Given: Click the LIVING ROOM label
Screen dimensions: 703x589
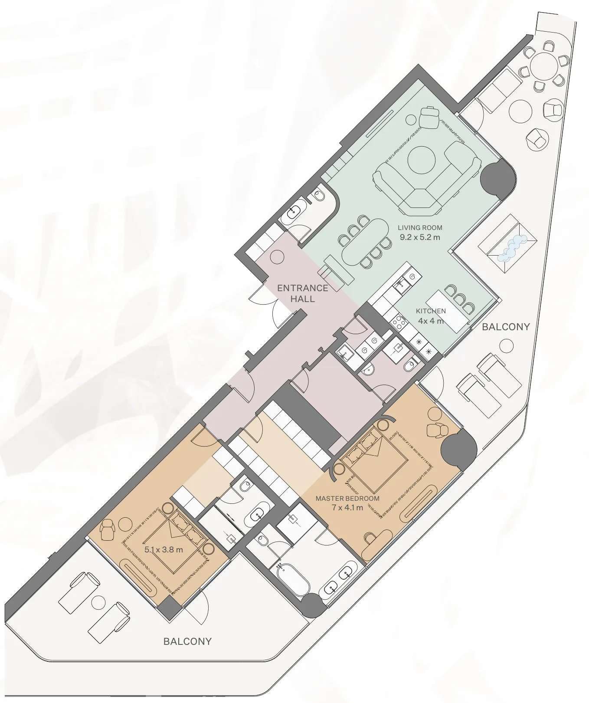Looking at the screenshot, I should click(420, 227).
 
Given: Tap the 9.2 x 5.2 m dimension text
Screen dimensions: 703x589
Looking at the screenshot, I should click(420, 237).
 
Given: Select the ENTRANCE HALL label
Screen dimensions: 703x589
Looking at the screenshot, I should click(302, 293).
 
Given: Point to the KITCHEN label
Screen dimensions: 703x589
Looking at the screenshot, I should click(431, 311).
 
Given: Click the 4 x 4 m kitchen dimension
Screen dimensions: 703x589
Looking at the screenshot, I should click(431, 321).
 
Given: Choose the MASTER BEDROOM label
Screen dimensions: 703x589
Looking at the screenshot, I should click(347, 499).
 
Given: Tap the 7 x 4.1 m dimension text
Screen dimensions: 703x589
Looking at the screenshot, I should click(347, 507).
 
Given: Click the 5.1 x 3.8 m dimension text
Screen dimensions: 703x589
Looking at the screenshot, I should click(164, 550).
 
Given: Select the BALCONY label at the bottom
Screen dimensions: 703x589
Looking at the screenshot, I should click(187, 641).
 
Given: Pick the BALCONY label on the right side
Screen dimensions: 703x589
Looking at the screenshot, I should click(506, 327).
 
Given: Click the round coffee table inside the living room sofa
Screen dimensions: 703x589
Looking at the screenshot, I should click(421, 159).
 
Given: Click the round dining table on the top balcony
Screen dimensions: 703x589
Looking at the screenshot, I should click(545, 66).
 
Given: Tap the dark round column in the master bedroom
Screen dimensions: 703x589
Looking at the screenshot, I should click(458, 450).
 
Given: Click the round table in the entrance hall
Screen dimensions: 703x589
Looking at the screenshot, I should click(277, 257).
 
